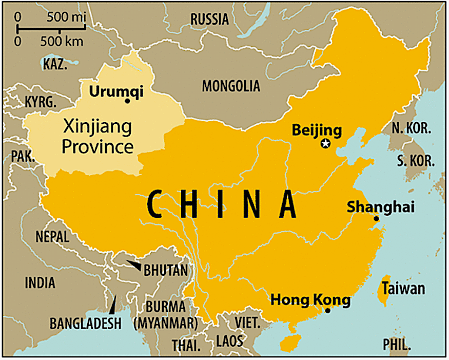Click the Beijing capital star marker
pyautogui.click(x=325, y=144)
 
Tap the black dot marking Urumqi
pyautogui.click(x=127, y=101)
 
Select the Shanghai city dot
pyautogui.click(x=376, y=219)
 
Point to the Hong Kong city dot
pyautogui.click(x=328, y=310)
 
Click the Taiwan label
pyautogui.click(x=403, y=289)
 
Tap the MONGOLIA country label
pyautogui.click(x=230, y=86)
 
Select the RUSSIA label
pyautogui.click(x=209, y=20)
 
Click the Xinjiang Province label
pyautogui.click(x=97, y=136)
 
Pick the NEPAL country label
pyautogui.click(x=52, y=237)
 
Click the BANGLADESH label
pyautogui.click(x=86, y=324)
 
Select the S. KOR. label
pyautogui.click(x=415, y=161)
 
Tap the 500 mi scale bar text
pyautogui.click(x=66, y=17)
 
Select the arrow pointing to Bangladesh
pyautogui.click(x=113, y=303)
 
